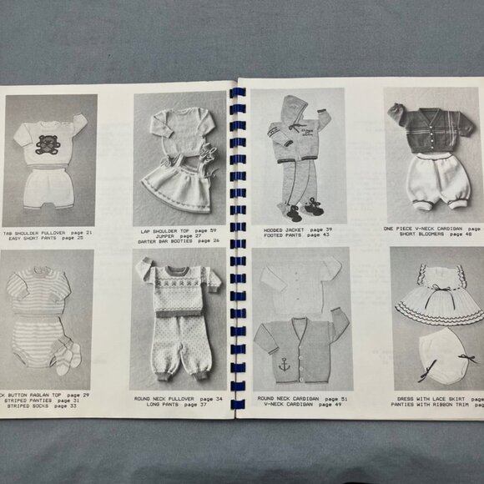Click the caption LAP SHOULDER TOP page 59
point(178,228)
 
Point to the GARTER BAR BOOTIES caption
point(178,240)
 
